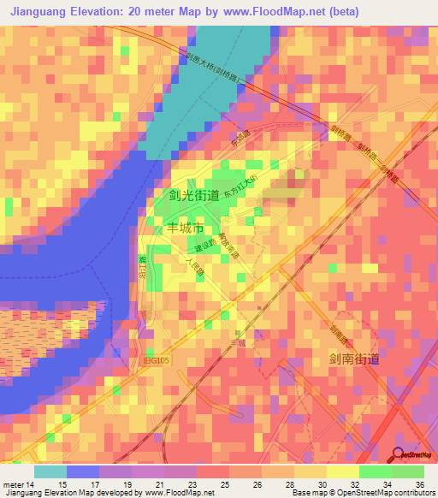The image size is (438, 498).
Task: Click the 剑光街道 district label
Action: point(192,197)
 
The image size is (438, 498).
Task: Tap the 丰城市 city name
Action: point(185,228)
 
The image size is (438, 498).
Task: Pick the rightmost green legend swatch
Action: point(407,471)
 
